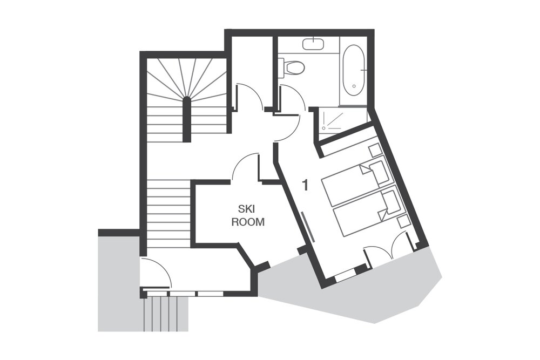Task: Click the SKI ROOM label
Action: coord(248,215)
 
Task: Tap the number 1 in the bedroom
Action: coord(305,185)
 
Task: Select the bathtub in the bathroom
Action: coord(354,71)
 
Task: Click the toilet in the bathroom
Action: coord(292,67)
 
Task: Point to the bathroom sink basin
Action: coord(313,44)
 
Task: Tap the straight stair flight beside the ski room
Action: coord(168,213)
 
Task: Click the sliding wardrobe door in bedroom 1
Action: coord(308,227)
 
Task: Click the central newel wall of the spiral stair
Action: coord(186,119)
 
